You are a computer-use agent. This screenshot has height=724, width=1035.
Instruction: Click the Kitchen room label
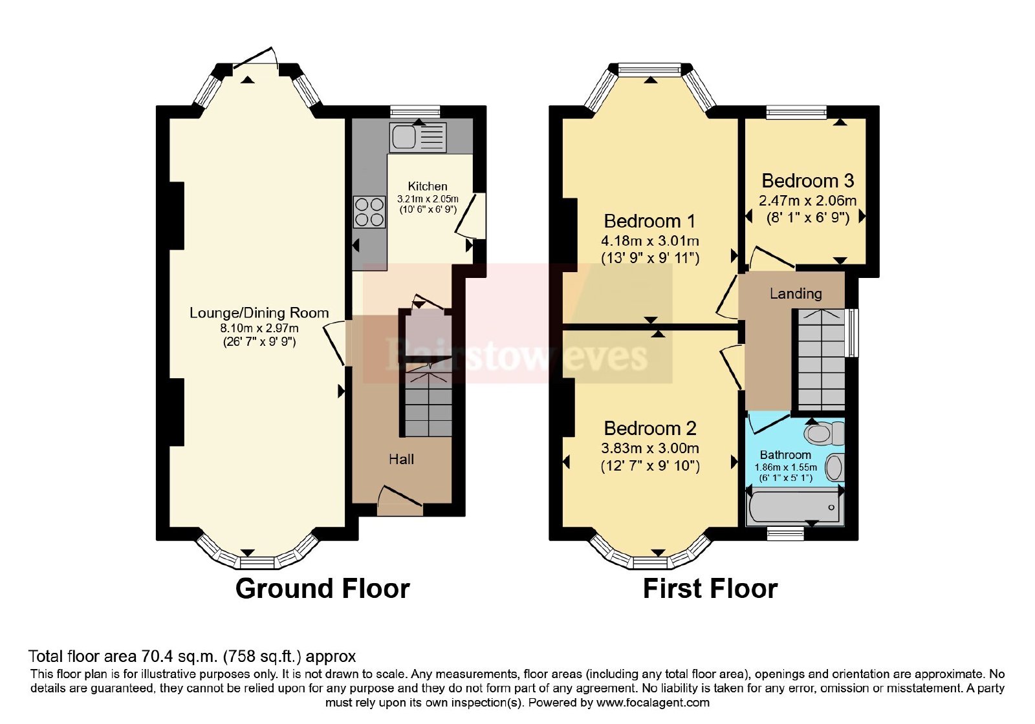click(x=428, y=186)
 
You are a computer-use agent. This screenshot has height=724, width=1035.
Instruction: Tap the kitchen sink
click(x=418, y=137)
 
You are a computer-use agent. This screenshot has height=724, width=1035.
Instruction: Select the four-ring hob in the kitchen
click(x=369, y=212)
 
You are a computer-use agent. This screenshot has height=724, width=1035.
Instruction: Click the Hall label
click(x=401, y=459)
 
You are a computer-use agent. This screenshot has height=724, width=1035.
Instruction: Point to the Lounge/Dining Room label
click(x=259, y=313)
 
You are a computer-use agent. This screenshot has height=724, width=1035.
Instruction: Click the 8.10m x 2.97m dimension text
click(x=259, y=328)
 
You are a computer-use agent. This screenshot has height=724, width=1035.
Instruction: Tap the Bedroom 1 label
click(x=649, y=221)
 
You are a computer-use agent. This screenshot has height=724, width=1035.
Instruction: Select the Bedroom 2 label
click(x=650, y=429)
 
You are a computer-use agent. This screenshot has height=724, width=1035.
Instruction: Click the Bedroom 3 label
click(x=808, y=180)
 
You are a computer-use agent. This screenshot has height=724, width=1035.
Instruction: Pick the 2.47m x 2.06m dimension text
click(x=808, y=201)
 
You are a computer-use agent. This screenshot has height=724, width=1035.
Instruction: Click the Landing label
click(x=796, y=293)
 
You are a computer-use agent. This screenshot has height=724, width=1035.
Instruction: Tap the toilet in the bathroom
click(x=824, y=433)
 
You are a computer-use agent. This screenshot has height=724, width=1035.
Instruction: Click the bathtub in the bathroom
click(x=795, y=507)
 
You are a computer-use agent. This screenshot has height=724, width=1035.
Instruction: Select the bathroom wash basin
click(x=834, y=467)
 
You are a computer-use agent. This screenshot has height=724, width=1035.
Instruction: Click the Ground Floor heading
click(x=323, y=589)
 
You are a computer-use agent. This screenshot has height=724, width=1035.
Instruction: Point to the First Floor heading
click(x=710, y=589)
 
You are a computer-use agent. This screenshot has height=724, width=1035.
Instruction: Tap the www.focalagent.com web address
click(x=653, y=703)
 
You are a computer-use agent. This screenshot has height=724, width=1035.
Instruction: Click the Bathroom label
click(x=785, y=455)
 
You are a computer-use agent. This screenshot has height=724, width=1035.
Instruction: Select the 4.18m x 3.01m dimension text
click(x=649, y=240)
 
